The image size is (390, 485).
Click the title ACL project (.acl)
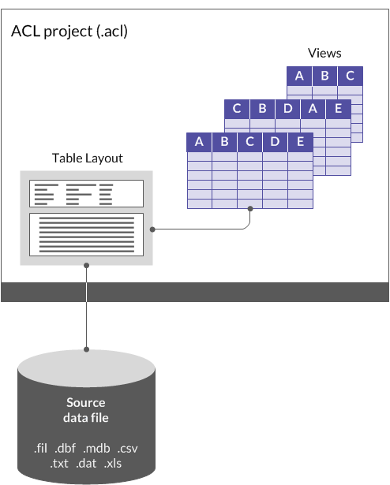[69, 32]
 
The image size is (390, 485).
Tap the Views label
[324, 54]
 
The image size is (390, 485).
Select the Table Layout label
[88, 159]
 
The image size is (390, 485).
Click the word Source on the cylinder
[86, 403]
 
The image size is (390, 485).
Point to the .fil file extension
[41, 449]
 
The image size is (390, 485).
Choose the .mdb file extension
[97, 449]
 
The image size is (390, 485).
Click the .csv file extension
[129, 449]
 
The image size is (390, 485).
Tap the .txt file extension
[60, 464]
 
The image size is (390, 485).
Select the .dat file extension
[86, 464]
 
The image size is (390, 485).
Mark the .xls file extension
[113, 464]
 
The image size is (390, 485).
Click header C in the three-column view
[350, 76]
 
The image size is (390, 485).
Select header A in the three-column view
[299, 76]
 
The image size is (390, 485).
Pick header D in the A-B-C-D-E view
[276, 142]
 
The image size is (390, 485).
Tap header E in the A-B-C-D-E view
[301, 142]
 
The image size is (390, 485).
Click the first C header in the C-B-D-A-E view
[238, 109]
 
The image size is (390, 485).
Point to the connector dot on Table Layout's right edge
[151, 229]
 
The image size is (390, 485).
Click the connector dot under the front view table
[250, 209]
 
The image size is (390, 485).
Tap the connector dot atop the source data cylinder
[86, 349]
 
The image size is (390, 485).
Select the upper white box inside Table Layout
[86, 192]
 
